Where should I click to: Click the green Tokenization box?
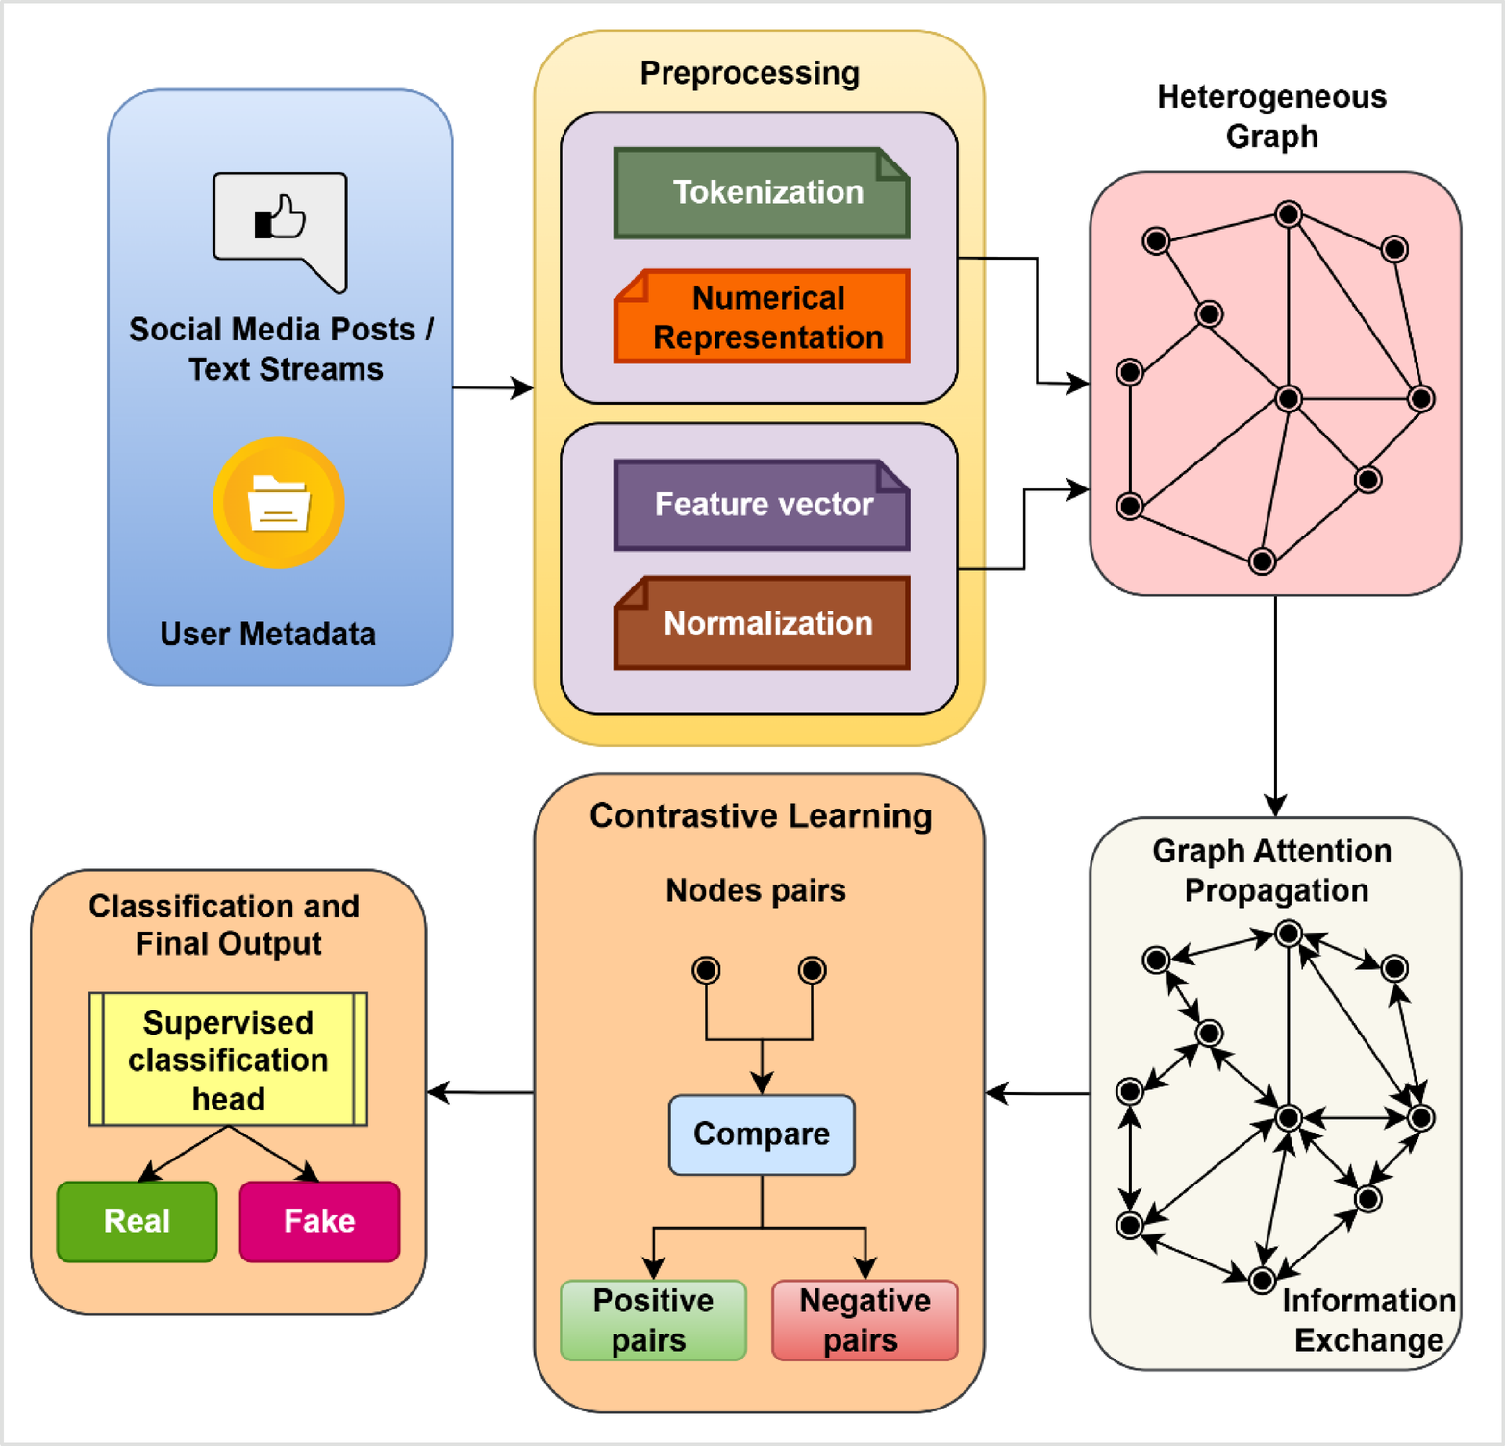(x=762, y=193)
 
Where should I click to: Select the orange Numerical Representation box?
(x=762, y=317)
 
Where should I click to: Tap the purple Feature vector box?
(x=762, y=505)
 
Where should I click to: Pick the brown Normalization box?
(x=762, y=623)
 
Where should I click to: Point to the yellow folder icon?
(x=279, y=503)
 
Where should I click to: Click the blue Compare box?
(x=762, y=1134)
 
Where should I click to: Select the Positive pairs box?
(x=653, y=1320)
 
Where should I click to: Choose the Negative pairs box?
(x=865, y=1320)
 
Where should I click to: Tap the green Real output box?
(x=137, y=1221)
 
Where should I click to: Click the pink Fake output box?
(x=319, y=1221)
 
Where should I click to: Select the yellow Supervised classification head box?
(x=228, y=1060)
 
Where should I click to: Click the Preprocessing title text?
(x=750, y=73)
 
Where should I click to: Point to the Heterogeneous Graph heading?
(x=1271, y=116)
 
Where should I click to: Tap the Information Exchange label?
(x=1368, y=1320)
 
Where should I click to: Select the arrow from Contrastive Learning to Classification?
(x=480, y=1092)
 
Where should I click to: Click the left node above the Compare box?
(x=706, y=970)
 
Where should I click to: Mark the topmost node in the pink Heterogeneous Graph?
(x=1289, y=213)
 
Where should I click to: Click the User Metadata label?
(x=267, y=634)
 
